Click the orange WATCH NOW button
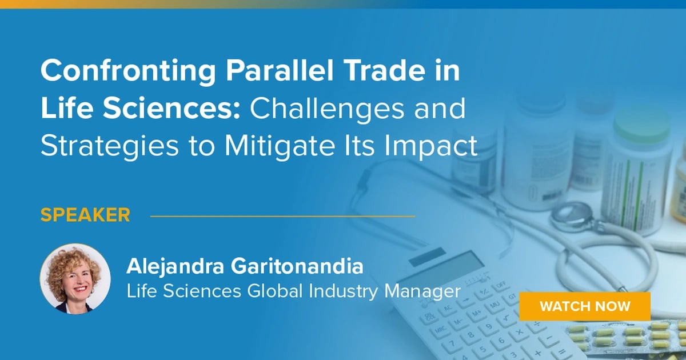click(585, 306)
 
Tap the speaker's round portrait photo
click(75, 278)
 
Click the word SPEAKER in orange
click(85, 215)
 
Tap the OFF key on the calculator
click(501, 284)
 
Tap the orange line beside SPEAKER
click(282, 217)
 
